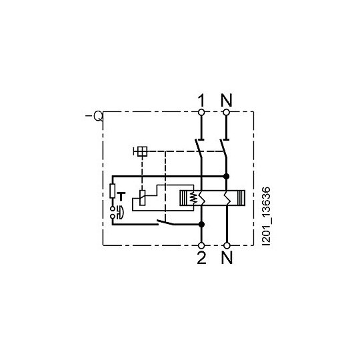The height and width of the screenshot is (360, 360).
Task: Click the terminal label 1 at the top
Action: [x=201, y=101]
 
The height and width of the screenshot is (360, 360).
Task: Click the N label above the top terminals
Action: [x=227, y=101]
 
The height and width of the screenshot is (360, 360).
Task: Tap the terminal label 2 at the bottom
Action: [x=201, y=257]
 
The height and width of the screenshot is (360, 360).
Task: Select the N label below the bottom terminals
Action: [x=227, y=257]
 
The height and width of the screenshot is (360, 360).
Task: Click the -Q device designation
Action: [x=95, y=116]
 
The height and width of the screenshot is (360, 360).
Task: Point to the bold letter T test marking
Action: [x=121, y=197]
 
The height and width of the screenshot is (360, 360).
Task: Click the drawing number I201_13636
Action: [x=266, y=216]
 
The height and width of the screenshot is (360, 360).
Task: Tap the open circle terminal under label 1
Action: [x=201, y=112]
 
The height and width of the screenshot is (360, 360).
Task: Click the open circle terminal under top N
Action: [x=227, y=112]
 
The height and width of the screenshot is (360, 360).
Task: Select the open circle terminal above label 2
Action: [x=201, y=245]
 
